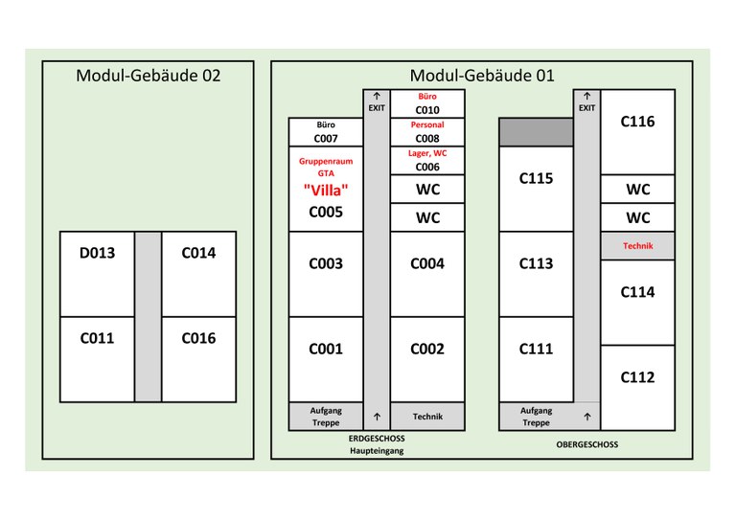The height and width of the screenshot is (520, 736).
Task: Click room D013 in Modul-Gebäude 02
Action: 97,254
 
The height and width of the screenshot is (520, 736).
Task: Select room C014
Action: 198,254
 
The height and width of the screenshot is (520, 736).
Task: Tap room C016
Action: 198,338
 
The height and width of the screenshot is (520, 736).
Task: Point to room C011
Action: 97,338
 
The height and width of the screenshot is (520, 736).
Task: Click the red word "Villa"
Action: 326,190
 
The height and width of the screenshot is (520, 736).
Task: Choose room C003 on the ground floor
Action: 326,263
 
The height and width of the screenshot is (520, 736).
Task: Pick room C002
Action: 427,350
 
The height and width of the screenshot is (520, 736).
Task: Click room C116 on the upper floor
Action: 637,123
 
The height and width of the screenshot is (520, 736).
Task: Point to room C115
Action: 536,179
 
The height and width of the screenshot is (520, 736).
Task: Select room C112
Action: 637,377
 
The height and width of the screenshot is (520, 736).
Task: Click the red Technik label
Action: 637,246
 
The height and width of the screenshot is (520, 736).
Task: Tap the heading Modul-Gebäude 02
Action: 148,76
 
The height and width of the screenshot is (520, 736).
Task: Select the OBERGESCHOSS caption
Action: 586,444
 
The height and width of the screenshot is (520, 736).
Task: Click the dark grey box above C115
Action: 536,133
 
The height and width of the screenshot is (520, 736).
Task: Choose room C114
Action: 637,293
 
